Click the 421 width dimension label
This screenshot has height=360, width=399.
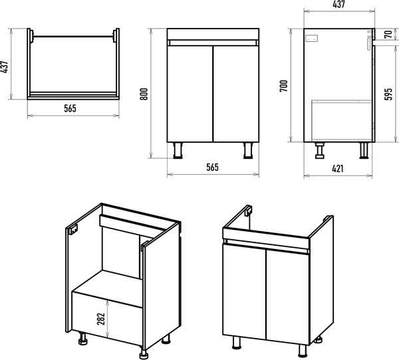coord(337,169)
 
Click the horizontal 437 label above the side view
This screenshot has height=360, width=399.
coord(338,5)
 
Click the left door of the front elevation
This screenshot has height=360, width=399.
coord(190,93)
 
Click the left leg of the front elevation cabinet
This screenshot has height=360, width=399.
coord(178,151)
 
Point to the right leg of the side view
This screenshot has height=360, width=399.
coord(364,151)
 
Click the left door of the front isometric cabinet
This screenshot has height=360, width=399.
coord(243,292)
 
